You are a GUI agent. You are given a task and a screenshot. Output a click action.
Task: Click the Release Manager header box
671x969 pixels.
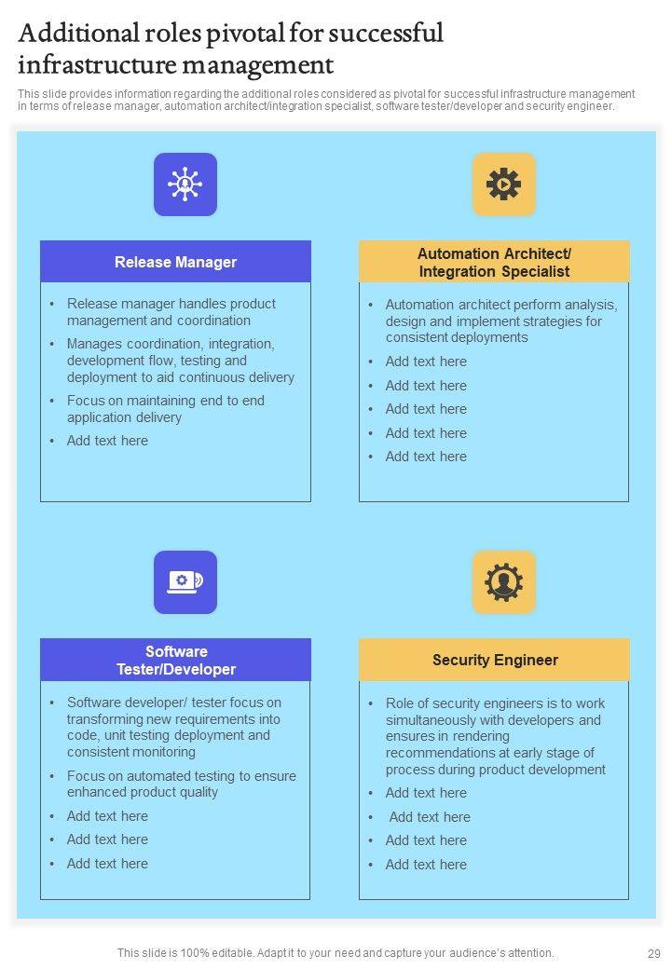coord(175,262)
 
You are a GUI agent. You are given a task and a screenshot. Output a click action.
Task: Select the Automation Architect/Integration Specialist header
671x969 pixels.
coord(494,262)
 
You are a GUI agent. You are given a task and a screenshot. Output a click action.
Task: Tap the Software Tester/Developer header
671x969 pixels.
coord(175,660)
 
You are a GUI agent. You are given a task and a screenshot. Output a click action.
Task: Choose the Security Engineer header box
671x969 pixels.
coord(494,660)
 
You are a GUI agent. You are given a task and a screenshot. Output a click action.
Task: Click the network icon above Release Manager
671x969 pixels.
coord(185,184)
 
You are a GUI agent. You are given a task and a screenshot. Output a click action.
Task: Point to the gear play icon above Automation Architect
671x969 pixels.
coord(503,184)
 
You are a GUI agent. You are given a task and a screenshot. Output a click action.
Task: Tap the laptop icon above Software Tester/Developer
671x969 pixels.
coord(185,582)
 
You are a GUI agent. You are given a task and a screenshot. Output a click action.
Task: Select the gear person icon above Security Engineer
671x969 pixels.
coord(503,582)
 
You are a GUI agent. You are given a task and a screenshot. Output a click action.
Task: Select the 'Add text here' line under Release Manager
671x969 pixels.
coord(107,441)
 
